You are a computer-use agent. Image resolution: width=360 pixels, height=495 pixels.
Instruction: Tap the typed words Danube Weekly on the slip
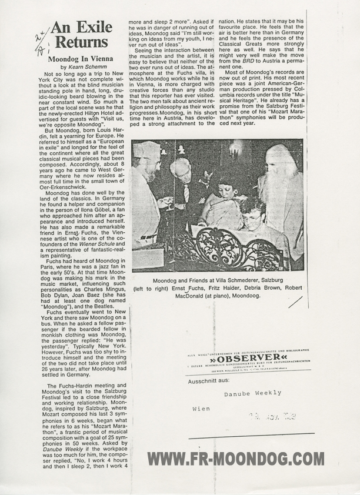point(252,392)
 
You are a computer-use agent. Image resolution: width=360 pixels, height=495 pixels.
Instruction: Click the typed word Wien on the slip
point(201,407)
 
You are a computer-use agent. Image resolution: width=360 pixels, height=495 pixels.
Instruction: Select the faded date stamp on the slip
point(271,416)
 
